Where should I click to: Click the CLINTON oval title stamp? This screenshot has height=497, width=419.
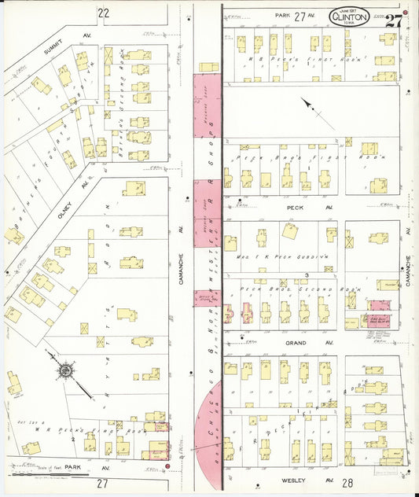coord(347,14)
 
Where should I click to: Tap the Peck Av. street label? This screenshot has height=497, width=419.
coord(295,208)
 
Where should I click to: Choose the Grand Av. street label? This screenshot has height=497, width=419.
coord(295,343)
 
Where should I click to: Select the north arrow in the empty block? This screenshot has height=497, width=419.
coord(312,109)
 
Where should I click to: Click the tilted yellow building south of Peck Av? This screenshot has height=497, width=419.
coord(291,231)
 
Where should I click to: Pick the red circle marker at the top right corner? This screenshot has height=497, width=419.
coord(406,13)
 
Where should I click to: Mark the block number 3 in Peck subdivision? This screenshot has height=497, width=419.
coord(305,274)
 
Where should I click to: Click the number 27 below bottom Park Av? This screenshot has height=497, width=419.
coord(103,484)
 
